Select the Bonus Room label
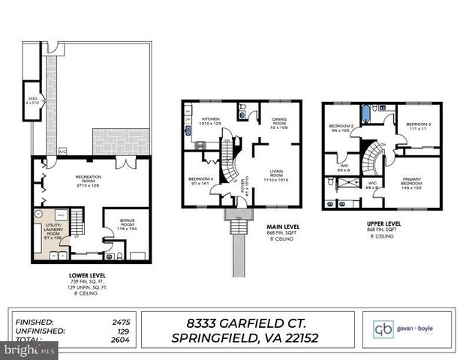(125, 223)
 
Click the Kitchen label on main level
(210, 119)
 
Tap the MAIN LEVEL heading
(284, 226)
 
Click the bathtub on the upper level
(366, 114)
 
